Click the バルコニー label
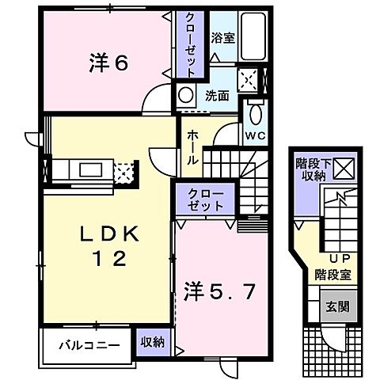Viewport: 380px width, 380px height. tap(92, 344)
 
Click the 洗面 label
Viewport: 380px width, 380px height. tap(218, 96)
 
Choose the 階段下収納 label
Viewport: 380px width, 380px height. tap(313, 168)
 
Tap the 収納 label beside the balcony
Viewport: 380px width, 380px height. tap(152, 342)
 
